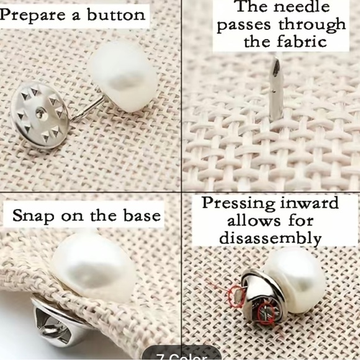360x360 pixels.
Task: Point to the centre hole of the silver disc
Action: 40,113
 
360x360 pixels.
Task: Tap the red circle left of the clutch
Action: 235,297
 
